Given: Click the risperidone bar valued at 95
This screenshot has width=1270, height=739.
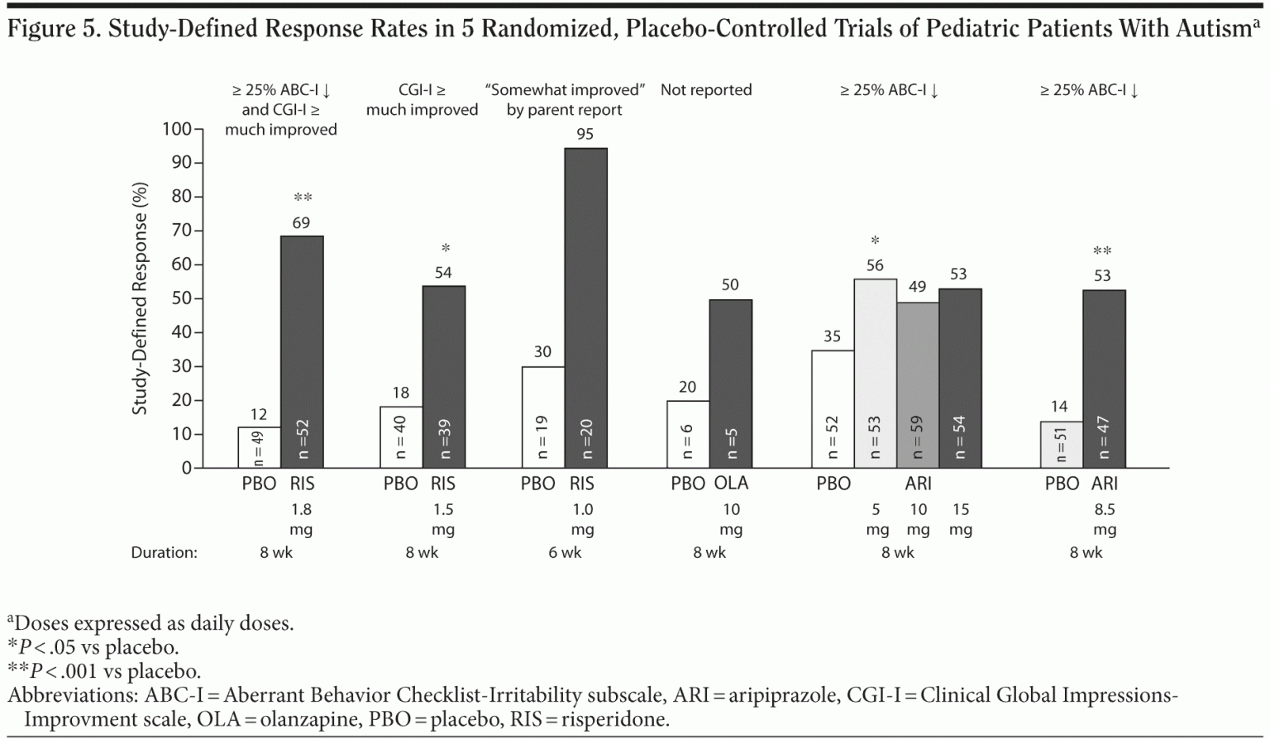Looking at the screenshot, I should (x=585, y=308).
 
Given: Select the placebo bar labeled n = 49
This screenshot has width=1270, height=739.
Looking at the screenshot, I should (x=259, y=447).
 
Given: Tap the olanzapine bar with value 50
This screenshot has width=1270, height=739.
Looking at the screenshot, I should (x=731, y=384).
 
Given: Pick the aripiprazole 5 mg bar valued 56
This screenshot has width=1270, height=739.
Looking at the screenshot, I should (x=875, y=373).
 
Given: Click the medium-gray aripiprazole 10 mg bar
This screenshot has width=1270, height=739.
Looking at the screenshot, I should (x=918, y=385).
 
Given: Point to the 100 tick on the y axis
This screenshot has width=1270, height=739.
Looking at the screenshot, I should (x=177, y=130).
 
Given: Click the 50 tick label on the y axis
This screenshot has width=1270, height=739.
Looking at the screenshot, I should (x=181, y=298).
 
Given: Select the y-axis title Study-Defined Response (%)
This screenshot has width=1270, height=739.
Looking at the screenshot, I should (x=140, y=298).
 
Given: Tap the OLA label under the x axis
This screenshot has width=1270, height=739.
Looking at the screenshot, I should (x=731, y=484).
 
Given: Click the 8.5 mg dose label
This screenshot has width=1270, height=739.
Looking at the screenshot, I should (x=1105, y=519).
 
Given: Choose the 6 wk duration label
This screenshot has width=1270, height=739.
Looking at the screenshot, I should (x=565, y=552).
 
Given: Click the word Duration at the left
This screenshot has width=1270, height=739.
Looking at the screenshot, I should (x=164, y=552).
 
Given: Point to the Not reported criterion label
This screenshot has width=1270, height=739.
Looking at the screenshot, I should (x=706, y=90).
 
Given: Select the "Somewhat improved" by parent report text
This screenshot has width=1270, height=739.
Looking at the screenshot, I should (x=565, y=99).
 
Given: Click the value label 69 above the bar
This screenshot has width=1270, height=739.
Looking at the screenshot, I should (x=302, y=222).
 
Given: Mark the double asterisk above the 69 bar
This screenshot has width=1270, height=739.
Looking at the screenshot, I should (x=303, y=198).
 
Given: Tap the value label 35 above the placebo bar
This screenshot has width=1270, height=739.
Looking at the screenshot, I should (x=832, y=336).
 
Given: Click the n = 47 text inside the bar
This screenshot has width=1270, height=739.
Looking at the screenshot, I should (x=1104, y=436).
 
